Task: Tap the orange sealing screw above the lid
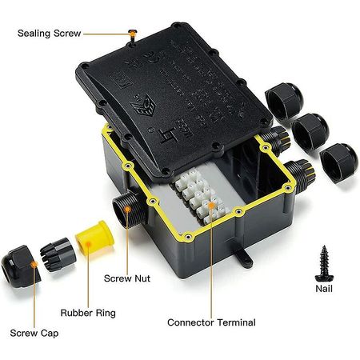tap(130, 33)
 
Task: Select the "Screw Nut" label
tap(126, 279)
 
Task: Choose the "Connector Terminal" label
tap(211, 322)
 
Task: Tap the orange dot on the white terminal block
tap(211, 206)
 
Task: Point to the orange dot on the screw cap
tap(33, 262)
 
